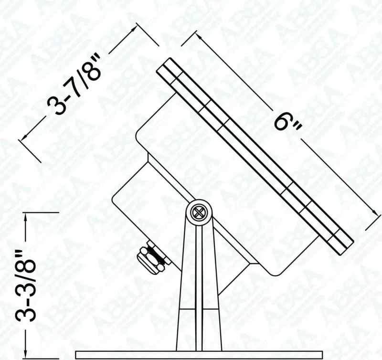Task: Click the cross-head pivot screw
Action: [199, 211]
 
